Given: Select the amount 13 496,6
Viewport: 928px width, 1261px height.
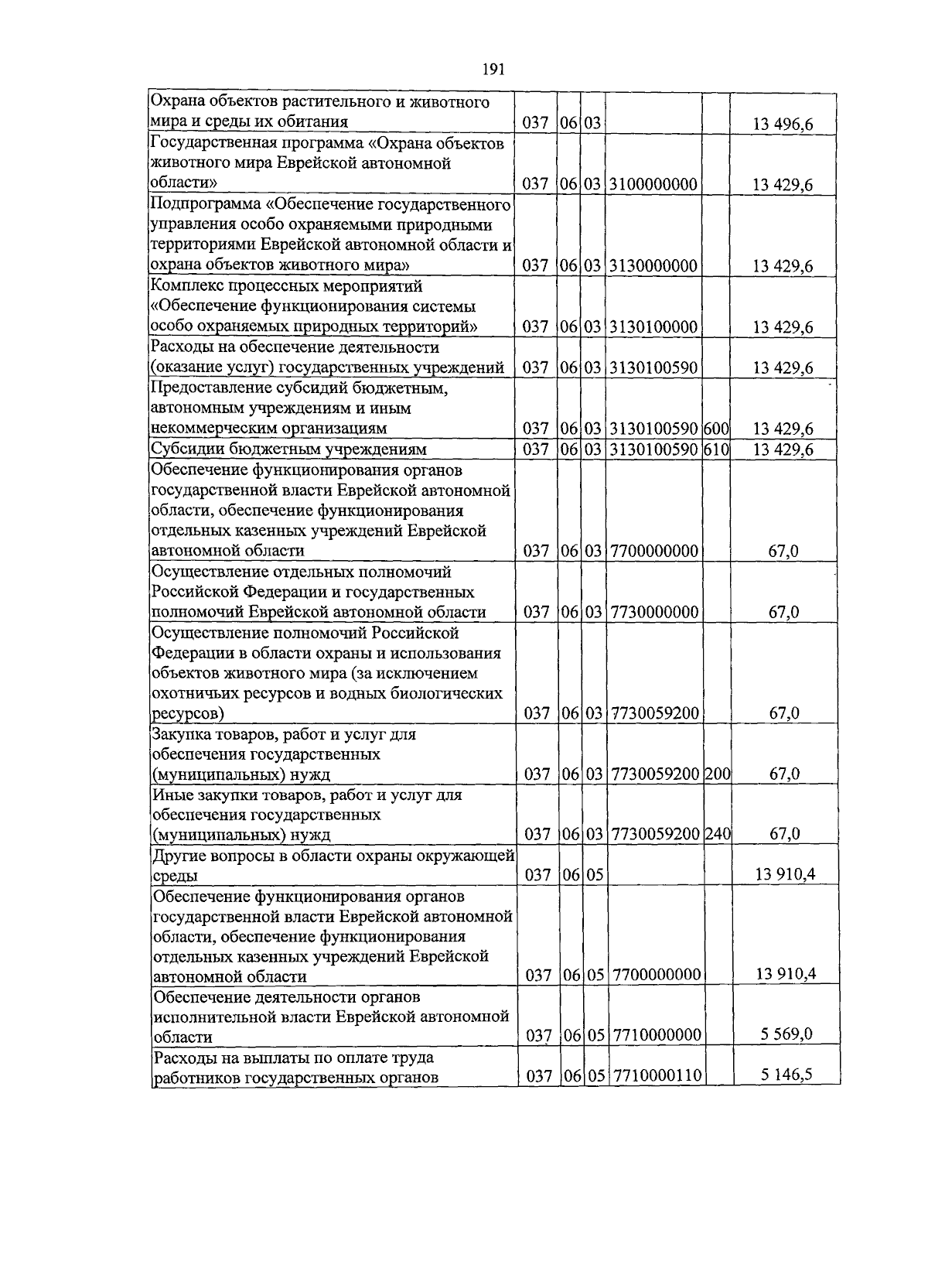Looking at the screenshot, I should pos(783,124).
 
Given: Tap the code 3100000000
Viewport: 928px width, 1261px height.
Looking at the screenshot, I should pos(653,185).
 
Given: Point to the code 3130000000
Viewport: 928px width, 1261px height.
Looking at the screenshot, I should pos(653,266).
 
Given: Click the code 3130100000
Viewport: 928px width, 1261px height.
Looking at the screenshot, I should pos(653,327).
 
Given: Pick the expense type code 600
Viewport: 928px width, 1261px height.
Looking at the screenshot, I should pos(716,429).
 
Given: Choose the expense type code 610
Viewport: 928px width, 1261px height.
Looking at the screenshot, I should pos(716,449).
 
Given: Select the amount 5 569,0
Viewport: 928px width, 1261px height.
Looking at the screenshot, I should pos(786,1034).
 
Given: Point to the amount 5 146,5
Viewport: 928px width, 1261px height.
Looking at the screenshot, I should pos(786,1075).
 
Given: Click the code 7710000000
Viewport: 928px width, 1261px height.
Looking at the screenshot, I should pos(656,1036).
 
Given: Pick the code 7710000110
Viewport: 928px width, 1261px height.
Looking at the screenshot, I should pos(656,1076).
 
